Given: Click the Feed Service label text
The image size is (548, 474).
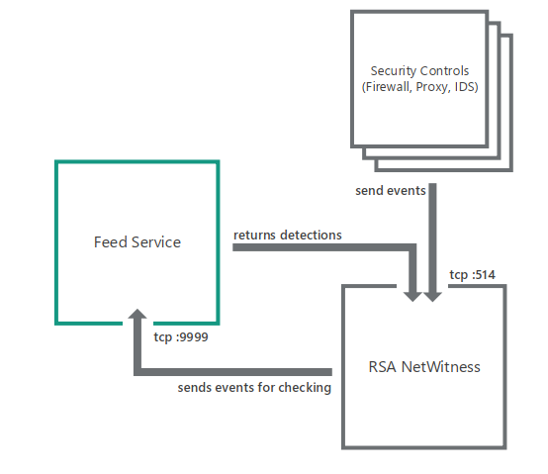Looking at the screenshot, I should click(137, 241).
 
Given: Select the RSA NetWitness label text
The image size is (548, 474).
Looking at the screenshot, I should click(423, 366).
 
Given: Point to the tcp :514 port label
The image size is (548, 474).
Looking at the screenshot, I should click(474, 275).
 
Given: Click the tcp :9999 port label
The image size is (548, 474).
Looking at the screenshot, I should click(180, 336).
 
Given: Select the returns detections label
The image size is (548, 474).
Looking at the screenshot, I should click(288, 236).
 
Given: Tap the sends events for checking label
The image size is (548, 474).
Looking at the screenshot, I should click(254, 388).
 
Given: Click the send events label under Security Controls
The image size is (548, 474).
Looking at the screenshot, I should click(390, 188).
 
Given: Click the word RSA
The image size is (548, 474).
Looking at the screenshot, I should click(380, 366).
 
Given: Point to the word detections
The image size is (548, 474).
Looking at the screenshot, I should click(312, 236).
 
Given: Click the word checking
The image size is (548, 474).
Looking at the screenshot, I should click(305, 388).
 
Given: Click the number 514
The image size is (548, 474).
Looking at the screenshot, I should click(486, 275).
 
